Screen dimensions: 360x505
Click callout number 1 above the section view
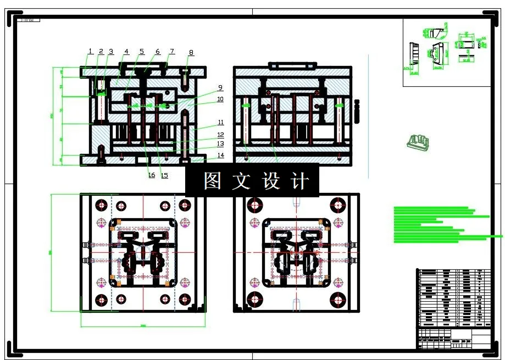[90, 51]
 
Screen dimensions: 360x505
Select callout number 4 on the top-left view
[126, 52]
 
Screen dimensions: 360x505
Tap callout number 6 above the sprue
[158, 52]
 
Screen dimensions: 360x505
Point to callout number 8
[191, 53]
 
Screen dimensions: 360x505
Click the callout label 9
[220, 87]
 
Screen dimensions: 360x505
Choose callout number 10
[220, 99]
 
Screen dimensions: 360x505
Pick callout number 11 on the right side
[220, 122]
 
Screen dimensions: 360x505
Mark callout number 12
[220, 135]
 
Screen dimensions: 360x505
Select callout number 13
[220, 144]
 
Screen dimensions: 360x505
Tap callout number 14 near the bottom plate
[220, 156]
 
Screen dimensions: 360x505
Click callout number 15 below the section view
[164, 176]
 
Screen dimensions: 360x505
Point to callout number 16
[151, 176]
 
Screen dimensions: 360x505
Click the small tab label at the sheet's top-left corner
[29, 20]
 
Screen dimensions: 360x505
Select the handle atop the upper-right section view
[292, 65]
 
